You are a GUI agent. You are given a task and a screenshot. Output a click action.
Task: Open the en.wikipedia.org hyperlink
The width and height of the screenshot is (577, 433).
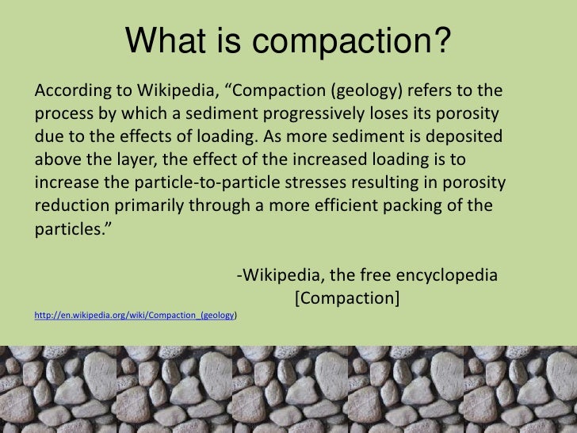135,315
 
